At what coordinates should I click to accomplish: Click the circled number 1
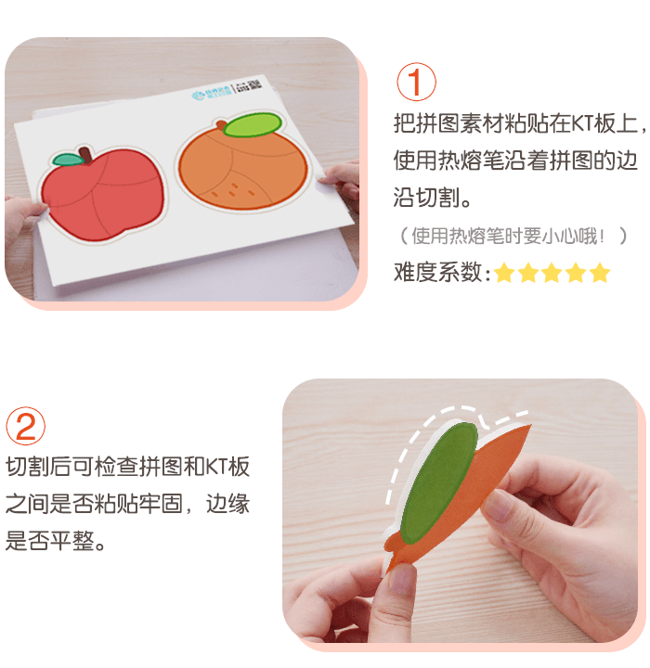[x=415, y=82]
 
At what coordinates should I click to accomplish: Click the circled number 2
[x=26, y=426]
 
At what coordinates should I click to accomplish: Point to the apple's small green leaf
[x=67, y=160]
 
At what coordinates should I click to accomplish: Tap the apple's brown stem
[x=85, y=152]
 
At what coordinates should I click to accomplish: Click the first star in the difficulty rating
[x=503, y=273]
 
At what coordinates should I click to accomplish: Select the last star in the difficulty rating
[x=600, y=273]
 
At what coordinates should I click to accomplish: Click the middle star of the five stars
[x=552, y=273]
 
